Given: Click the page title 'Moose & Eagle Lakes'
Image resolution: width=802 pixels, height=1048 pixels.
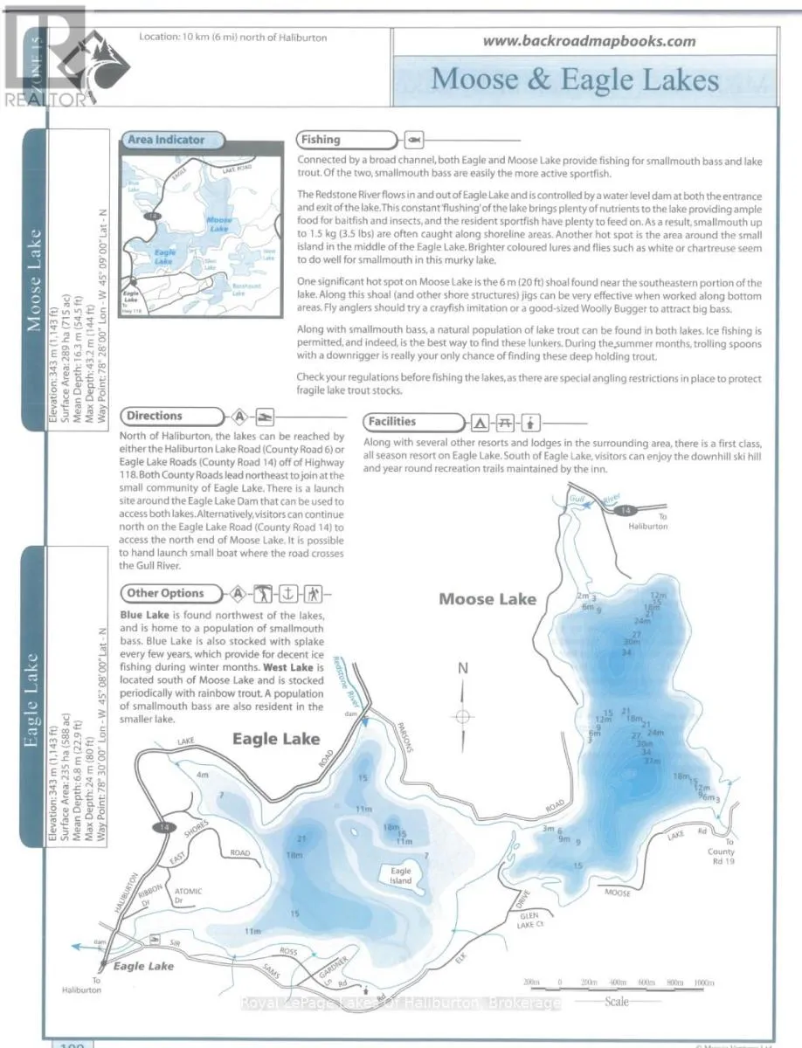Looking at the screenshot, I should click(575, 79).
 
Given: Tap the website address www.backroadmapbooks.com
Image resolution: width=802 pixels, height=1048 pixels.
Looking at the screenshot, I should click(589, 40).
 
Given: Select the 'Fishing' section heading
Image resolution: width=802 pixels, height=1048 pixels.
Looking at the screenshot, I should click(321, 139).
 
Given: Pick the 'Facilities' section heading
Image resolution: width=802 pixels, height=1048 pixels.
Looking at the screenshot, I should click(391, 422).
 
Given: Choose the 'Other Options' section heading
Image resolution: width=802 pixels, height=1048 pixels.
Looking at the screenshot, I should click(165, 593).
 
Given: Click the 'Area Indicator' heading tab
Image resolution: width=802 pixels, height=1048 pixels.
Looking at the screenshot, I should click(165, 139).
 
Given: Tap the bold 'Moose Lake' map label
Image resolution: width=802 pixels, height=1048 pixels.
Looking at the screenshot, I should click(487, 599).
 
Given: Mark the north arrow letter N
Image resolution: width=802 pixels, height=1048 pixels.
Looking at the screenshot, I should click(463, 669).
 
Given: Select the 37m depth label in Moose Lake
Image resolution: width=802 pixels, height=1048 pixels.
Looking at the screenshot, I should click(652, 761).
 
